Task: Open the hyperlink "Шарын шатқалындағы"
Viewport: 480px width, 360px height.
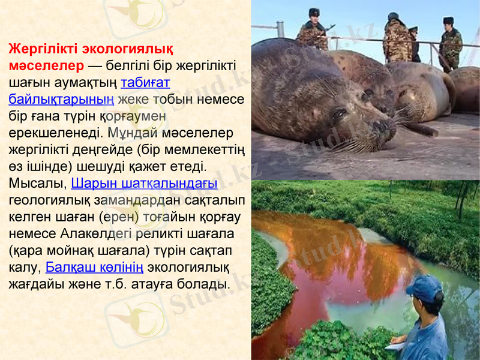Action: click(144, 182)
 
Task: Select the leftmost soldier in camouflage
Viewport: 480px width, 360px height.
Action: click(312, 33)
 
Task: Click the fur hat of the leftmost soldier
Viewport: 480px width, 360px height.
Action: click(314, 12)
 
